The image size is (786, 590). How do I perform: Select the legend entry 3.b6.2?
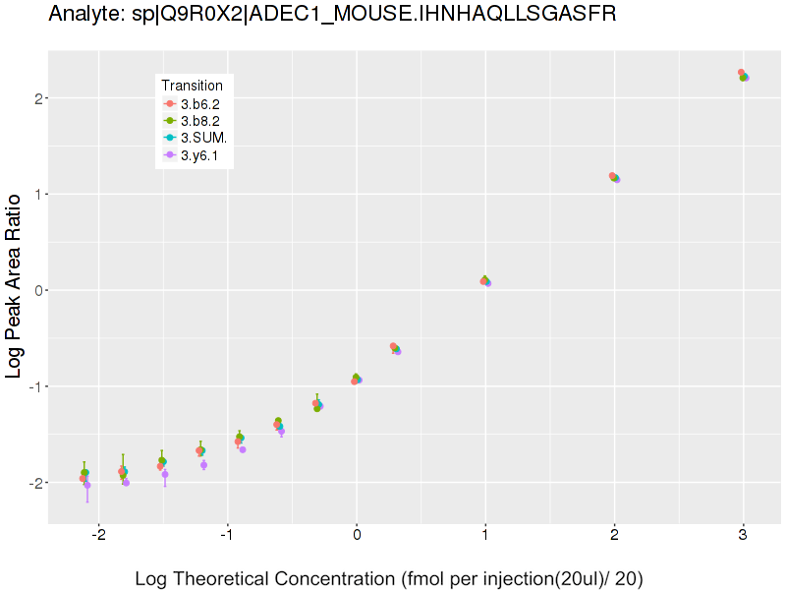pos(199,103)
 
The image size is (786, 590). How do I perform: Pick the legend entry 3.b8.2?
pos(199,120)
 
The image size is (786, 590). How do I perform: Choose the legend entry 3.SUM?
pos(202,137)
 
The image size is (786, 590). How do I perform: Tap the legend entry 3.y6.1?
pos(199,154)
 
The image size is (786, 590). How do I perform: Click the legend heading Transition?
pos(192,86)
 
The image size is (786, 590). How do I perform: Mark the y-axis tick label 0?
pos(38,290)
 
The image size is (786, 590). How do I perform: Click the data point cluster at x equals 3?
pos(744,76)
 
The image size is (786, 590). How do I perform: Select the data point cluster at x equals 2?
pos(614,178)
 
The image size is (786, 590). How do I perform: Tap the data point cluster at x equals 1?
pos(485,281)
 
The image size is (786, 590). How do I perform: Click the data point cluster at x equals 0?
pos(357,379)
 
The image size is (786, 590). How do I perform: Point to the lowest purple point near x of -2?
pos(87,485)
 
